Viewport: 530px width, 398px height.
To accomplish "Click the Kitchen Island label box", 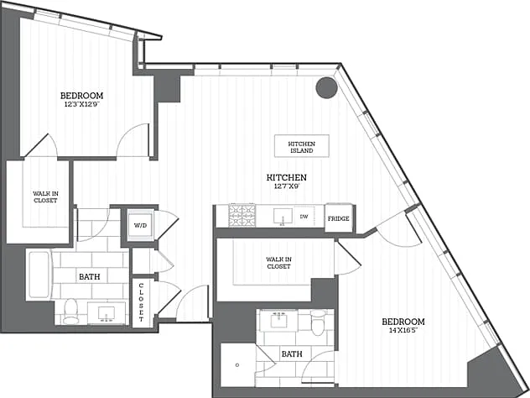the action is point(302,146).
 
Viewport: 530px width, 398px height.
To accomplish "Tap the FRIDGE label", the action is point(338,218).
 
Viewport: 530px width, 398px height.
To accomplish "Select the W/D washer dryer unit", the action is point(141,225).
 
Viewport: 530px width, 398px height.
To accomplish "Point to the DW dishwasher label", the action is point(304,217).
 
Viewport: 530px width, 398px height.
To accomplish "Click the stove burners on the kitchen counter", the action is point(242,215).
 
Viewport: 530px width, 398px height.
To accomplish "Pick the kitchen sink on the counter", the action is point(283,217).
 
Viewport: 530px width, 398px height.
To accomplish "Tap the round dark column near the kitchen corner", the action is point(326,87).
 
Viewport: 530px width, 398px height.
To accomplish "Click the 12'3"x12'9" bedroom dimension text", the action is point(82,104).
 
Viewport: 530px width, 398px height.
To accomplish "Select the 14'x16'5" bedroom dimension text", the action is point(403,330).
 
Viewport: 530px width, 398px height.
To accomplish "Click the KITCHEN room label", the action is point(287,177).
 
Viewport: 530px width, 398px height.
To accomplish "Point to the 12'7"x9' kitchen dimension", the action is point(287,186).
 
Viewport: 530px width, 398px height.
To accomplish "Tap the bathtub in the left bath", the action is point(39,275).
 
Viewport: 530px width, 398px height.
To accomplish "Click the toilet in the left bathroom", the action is point(71,311).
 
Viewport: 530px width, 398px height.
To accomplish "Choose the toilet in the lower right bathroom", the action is point(318,322).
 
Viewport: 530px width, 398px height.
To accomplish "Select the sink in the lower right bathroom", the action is point(279,320).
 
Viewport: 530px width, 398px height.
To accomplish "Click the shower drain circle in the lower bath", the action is point(237,364).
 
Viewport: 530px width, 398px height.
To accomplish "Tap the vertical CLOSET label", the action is point(141,302).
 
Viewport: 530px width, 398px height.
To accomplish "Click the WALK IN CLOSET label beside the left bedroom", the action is point(45,197).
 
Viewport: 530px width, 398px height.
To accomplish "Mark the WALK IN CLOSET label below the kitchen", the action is point(279,263).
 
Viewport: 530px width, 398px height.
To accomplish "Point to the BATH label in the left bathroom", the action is point(90,277).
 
